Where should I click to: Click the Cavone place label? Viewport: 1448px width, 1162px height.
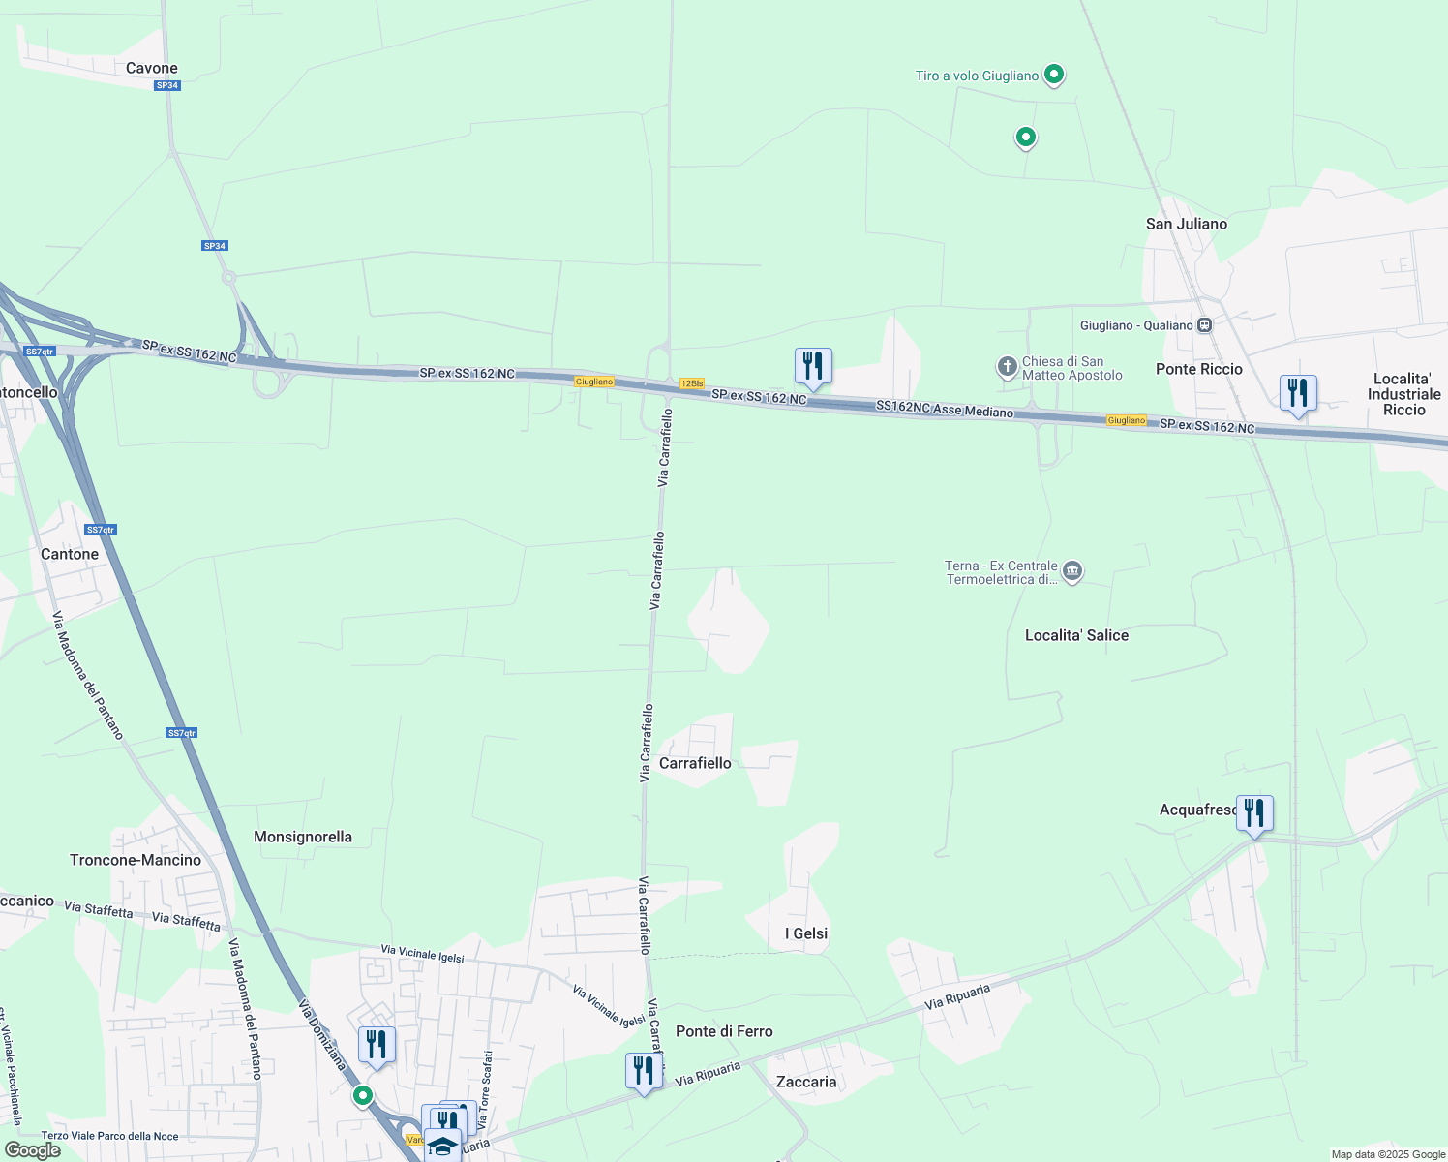click(152, 68)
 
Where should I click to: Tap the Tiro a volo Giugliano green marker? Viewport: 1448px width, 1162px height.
click(1054, 74)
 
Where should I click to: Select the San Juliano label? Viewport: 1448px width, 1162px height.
click(1186, 224)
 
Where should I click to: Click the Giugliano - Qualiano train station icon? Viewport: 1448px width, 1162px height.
click(1204, 325)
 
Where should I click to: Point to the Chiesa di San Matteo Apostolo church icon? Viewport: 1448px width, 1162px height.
click(1007, 367)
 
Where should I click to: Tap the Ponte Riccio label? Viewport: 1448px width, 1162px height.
click(1198, 369)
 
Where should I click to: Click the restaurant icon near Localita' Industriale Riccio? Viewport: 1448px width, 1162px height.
click(1297, 393)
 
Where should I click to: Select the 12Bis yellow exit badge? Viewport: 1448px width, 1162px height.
click(691, 383)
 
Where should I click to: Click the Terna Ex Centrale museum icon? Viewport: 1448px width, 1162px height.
click(1071, 571)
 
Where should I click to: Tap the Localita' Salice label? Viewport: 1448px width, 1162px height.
click(1076, 635)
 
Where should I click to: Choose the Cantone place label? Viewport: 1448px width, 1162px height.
click(70, 554)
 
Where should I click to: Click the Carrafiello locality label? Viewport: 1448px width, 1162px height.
click(695, 763)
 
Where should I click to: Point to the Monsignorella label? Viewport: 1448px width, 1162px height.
click(303, 837)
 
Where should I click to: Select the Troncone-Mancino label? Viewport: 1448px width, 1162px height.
click(136, 860)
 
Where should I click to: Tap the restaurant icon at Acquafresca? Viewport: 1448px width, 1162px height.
click(1253, 813)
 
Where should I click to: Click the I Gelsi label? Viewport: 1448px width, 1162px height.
click(805, 933)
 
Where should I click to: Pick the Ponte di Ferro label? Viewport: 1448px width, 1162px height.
click(724, 1031)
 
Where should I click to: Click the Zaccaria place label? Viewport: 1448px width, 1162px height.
click(806, 1082)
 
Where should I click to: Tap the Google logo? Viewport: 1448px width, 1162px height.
click(32, 1150)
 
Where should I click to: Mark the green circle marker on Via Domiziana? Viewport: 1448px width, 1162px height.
click(363, 1095)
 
